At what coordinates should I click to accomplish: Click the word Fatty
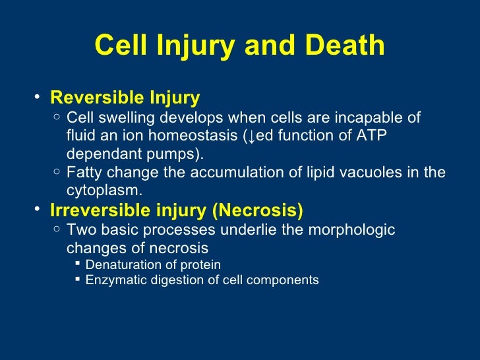tap(84, 173)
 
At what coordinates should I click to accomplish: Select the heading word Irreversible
tap(96, 210)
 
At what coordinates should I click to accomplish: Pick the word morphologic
tap(355, 230)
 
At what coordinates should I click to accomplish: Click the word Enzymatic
tap(115, 280)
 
